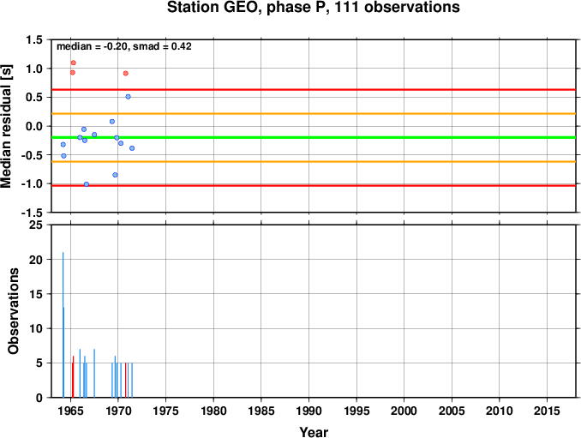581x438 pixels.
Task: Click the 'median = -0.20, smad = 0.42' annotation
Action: tap(123, 46)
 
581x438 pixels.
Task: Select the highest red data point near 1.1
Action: tap(74, 63)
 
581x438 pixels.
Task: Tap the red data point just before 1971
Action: tap(126, 74)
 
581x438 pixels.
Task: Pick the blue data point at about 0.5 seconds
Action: tap(129, 97)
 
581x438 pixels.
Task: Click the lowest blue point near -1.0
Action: tap(87, 184)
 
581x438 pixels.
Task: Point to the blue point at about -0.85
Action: tap(115, 175)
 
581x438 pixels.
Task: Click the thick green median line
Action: tap(314, 137)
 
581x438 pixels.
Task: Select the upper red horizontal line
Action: tap(314, 90)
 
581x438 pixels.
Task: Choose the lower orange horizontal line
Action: tap(314, 161)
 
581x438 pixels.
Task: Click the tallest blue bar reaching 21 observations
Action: tap(63, 325)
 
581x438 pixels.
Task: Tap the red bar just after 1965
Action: tap(73, 376)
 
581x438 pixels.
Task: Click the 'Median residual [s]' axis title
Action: tap(6, 126)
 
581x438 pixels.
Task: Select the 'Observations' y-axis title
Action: tap(14, 311)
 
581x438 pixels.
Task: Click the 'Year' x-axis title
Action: tap(314, 432)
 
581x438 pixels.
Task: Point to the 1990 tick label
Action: tap(309, 411)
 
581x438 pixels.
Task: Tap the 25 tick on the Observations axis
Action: tap(36, 225)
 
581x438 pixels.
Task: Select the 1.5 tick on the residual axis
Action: tap(34, 39)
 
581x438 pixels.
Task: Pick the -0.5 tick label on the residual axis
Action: tap(32, 155)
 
